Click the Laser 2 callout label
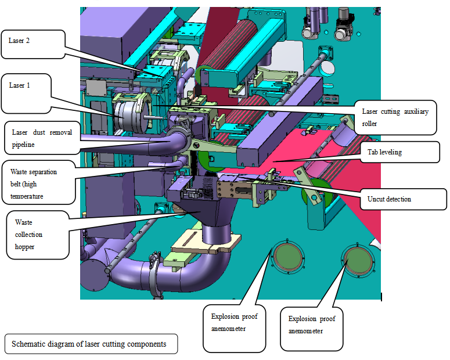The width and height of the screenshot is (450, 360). (31, 44)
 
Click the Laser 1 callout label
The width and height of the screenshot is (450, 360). (27, 92)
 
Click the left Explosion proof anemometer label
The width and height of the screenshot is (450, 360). (234, 329)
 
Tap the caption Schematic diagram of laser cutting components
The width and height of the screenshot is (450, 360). (89, 344)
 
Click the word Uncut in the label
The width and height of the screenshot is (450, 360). (377, 199)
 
